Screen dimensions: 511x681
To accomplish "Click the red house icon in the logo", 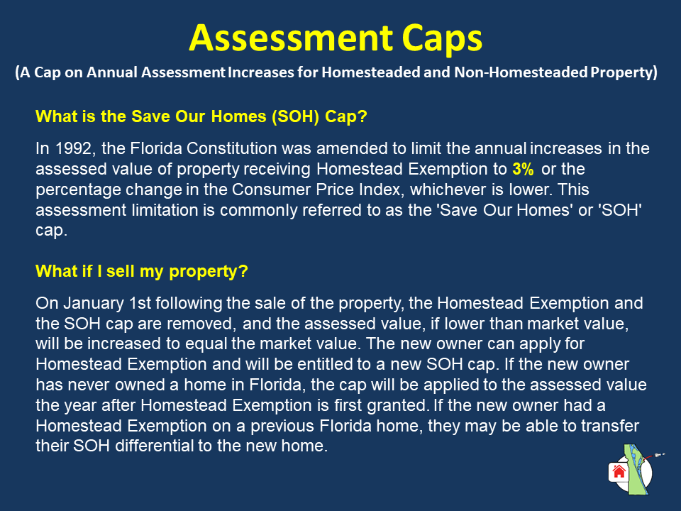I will (x=619, y=471).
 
